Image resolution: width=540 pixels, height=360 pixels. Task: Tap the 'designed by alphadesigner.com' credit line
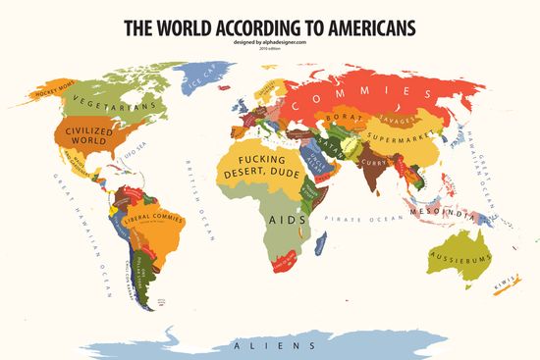(270, 43)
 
